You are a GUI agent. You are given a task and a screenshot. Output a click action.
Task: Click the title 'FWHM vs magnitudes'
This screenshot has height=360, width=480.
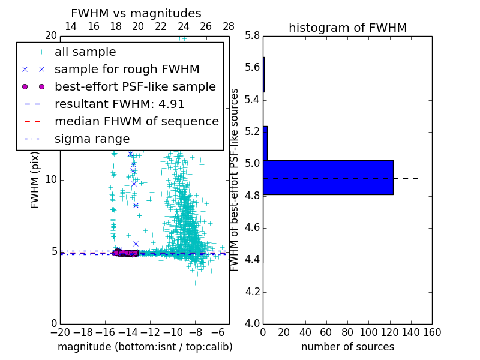pos(136,13)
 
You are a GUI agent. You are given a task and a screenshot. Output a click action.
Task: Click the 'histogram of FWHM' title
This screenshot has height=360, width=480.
pos(347,28)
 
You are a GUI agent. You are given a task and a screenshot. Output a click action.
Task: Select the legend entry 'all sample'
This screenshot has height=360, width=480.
pos(85,52)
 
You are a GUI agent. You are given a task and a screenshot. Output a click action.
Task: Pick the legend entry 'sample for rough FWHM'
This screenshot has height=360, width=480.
pos(127,69)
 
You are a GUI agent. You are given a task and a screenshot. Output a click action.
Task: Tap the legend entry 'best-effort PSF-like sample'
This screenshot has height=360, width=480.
pos(135,86)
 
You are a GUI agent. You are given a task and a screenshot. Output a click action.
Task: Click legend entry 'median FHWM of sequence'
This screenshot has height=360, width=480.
pos(136,121)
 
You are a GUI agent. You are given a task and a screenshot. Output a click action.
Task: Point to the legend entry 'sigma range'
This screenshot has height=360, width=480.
pos(92,139)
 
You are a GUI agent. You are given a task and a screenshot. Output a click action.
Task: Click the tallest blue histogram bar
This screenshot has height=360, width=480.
pos(328,178)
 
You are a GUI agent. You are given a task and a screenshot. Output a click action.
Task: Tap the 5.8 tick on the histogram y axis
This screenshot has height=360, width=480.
pos(251,35)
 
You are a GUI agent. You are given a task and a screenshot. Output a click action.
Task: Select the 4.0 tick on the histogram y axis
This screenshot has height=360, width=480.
pos(251,323)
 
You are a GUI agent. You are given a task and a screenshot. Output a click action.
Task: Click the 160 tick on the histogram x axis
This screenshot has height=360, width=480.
pos(431,332)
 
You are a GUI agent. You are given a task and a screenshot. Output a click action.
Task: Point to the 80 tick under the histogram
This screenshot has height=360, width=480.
pos(347,332)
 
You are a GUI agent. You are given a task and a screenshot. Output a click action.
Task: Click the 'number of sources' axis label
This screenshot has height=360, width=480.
pos(347,347)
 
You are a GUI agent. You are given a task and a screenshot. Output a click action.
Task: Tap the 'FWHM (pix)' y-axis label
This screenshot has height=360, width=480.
pos(35,180)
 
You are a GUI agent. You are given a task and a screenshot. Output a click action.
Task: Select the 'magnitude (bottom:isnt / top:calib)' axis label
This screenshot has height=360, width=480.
pos(145,347)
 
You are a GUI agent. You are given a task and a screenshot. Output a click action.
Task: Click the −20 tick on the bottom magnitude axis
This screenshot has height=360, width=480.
pos(59,332)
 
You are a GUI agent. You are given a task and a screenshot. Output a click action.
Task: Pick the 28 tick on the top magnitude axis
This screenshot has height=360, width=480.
pos(229,26)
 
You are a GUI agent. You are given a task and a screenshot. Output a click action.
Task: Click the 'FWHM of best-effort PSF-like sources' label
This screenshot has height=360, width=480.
pos(235,179)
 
